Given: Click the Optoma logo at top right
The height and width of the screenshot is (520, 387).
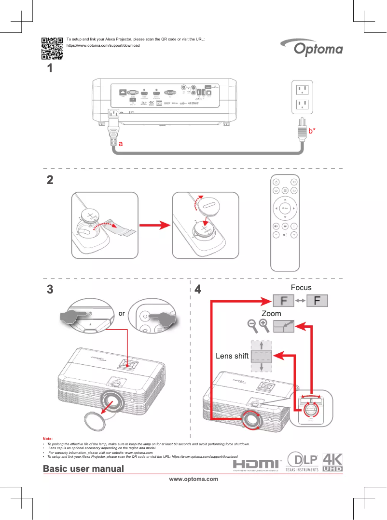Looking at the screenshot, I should (x=318, y=49).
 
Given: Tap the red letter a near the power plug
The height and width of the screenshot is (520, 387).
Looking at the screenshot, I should (x=121, y=144).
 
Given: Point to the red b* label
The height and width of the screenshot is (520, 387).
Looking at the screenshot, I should (x=312, y=131).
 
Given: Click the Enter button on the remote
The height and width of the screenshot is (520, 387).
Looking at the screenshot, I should (x=285, y=208).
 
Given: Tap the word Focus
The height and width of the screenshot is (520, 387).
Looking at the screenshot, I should (x=301, y=288).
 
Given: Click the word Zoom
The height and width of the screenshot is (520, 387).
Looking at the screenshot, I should (x=271, y=313).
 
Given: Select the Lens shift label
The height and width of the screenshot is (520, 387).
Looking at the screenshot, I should (x=232, y=356).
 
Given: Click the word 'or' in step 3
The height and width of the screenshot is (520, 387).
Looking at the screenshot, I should (x=122, y=313).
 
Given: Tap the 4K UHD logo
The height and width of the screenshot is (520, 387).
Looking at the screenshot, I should (x=332, y=462).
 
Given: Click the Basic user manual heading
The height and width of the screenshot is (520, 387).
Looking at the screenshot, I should (x=83, y=468).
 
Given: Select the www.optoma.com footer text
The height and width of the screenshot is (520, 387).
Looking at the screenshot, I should (x=193, y=479).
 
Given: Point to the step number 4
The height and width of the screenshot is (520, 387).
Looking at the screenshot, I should (x=197, y=290).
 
